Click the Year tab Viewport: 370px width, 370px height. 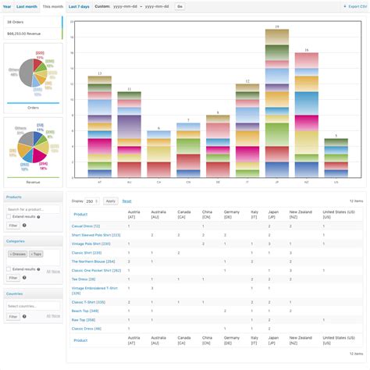7,5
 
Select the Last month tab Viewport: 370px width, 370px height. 27,5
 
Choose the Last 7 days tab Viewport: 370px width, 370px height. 79,5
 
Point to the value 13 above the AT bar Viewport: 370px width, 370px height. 99,73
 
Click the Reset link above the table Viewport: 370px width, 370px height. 126,201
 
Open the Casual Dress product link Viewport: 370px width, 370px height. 86,226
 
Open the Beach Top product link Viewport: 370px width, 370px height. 84,310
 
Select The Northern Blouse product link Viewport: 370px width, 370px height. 93,261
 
